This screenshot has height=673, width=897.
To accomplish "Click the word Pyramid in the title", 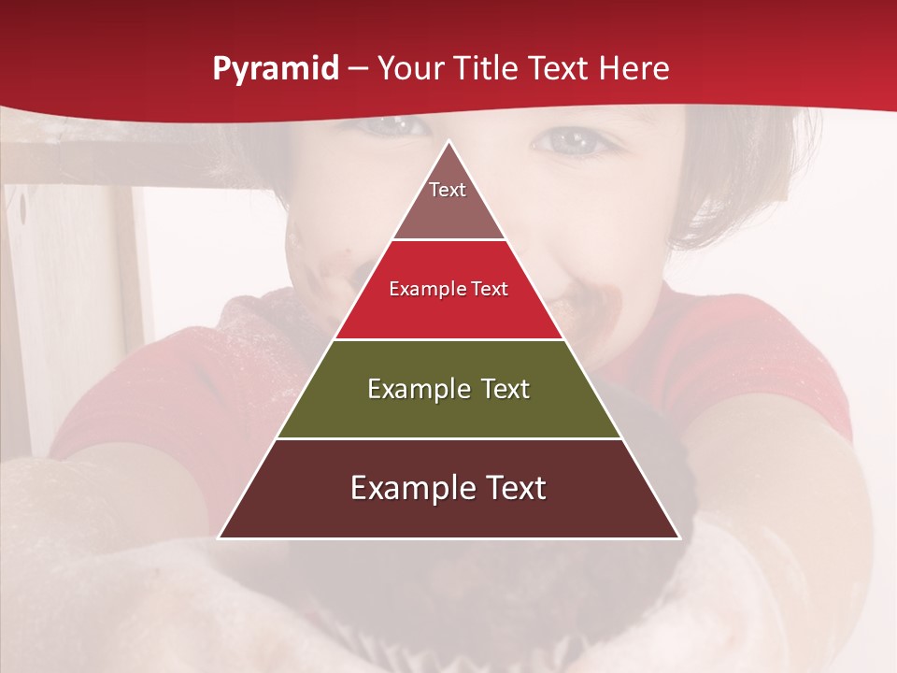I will (276, 69).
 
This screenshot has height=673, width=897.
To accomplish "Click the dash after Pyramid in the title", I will (357, 69).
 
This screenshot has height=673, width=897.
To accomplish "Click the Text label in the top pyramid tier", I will (448, 191).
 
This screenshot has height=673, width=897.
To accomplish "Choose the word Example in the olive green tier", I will (418, 390).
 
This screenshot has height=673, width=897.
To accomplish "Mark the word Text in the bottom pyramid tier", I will (513, 489).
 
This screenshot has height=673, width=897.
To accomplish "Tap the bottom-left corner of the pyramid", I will (219, 538).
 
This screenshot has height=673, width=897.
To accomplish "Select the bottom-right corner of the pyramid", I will (680, 538).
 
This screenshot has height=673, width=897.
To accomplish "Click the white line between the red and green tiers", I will (449, 339).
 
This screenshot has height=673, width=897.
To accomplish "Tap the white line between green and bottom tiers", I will (449, 438).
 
